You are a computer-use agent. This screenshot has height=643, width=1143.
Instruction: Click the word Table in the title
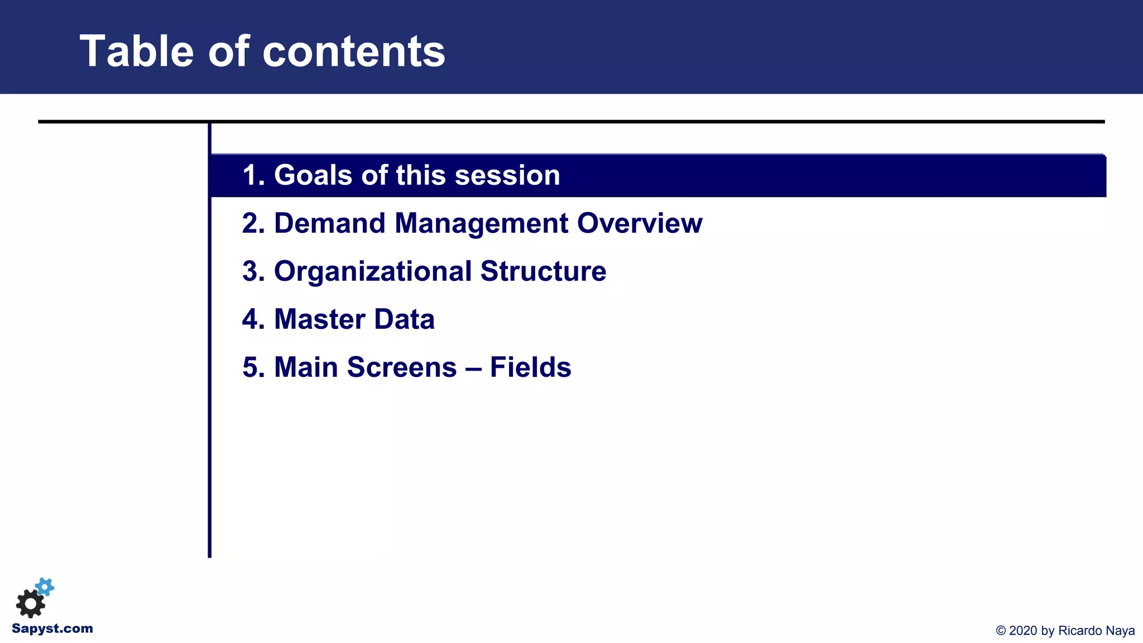137,51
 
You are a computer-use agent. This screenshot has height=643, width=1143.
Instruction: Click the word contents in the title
354,51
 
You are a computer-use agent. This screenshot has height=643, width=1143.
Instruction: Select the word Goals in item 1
314,175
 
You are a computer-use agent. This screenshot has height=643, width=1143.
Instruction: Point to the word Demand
330,223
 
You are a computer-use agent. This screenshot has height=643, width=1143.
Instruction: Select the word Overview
640,223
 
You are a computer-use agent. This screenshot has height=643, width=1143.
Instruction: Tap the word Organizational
372,271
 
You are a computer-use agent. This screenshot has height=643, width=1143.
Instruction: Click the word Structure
543,271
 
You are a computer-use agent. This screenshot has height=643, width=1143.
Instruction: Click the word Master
319,319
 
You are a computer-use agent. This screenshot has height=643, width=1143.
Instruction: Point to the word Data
404,319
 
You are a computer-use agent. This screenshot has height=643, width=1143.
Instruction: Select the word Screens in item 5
402,367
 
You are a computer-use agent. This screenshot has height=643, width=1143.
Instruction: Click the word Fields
530,367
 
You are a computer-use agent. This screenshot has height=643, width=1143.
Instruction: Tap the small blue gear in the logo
45,587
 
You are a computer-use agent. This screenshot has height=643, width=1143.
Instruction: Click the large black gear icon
30,604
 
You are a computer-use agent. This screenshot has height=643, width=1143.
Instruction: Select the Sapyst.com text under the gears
52,628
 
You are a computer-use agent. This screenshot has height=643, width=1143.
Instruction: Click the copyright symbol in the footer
1001,631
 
